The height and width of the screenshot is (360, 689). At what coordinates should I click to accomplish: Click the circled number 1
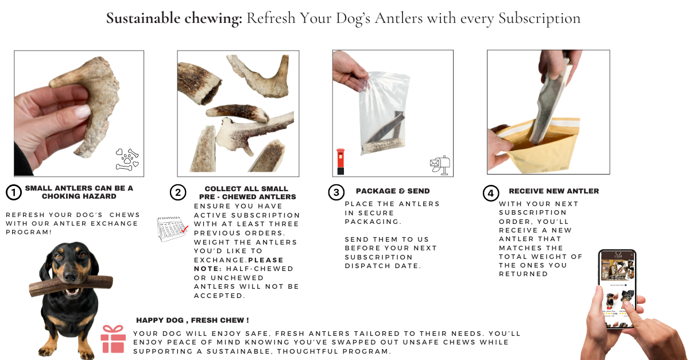14,192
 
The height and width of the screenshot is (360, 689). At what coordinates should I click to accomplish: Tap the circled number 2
178,192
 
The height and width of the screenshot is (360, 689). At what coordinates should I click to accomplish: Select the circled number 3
336,192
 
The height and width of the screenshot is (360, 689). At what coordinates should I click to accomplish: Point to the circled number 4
490,193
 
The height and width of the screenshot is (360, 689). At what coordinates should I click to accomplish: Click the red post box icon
340,161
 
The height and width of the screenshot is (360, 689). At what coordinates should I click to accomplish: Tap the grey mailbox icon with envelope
440,165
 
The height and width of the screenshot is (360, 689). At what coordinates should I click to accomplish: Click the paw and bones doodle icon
127,160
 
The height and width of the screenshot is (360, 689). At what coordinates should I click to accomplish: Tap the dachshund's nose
71,277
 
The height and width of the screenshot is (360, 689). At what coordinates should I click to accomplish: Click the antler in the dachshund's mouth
71,286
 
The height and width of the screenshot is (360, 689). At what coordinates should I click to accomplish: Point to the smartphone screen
617,289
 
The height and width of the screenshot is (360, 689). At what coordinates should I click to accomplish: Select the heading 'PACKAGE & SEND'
393,191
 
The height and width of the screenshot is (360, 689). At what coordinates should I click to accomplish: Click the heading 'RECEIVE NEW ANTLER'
554,191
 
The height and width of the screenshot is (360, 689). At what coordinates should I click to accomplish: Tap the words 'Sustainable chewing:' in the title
175,18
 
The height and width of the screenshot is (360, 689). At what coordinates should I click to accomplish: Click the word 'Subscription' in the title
540,18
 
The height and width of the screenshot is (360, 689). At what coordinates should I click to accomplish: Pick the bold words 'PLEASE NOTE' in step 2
239,264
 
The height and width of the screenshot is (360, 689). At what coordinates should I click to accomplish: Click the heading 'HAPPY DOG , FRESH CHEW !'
192,320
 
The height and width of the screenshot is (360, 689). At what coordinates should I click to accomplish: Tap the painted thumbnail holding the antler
83,111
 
